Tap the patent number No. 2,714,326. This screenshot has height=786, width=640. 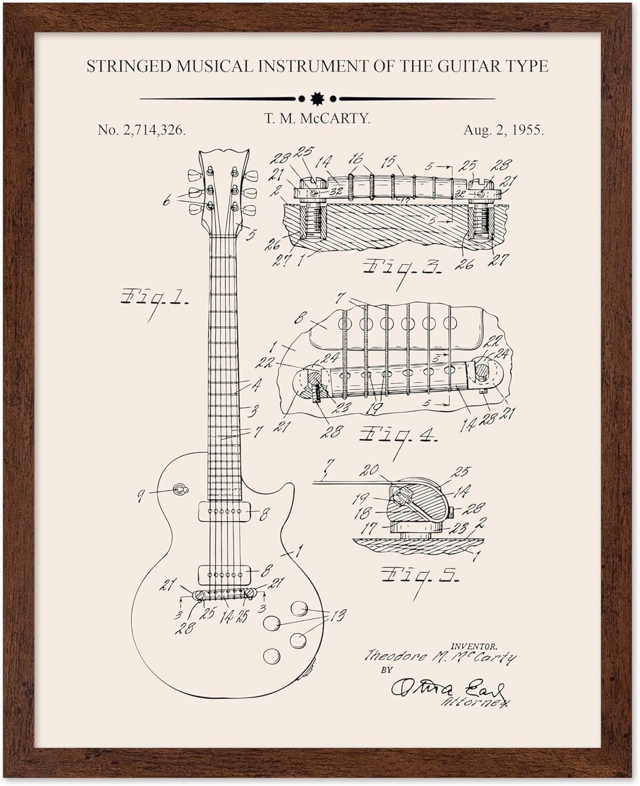(141, 130)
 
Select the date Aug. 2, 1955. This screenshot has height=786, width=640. (503, 130)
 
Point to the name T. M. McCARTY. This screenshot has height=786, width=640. (317, 118)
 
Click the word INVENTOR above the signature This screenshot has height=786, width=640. (473, 647)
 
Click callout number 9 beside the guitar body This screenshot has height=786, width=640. (140, 493)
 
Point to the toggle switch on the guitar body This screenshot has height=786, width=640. (179, 489)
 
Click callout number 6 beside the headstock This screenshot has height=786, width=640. (167, 200)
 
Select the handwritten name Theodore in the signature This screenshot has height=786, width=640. (387, 656)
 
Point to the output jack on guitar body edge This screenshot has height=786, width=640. (311, 669)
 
